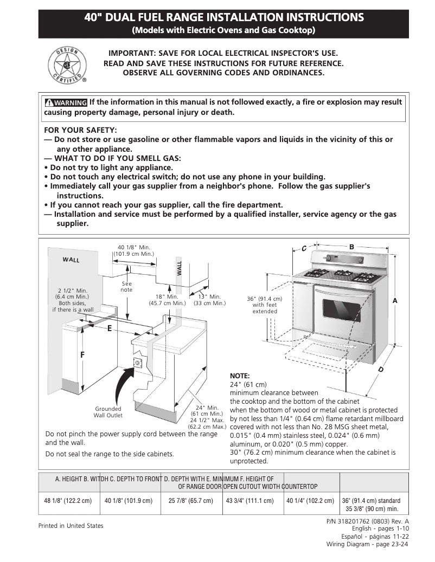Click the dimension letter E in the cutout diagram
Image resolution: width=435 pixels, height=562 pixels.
[110, 328]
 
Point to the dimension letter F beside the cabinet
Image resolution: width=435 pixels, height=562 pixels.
[82, 354]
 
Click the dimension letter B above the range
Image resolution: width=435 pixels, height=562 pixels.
[351, 247]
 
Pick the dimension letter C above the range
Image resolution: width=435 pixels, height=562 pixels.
[304, 248]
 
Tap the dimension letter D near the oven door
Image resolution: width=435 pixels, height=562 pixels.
[381, 370]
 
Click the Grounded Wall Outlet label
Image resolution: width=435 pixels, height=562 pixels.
[108, 412]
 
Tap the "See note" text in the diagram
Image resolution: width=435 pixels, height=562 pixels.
[126, 287]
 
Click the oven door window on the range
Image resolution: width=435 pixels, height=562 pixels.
[342, 309]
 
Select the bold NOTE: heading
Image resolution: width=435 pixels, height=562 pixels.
[240, 376]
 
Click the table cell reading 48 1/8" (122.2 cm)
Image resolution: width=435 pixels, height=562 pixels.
[68, 501]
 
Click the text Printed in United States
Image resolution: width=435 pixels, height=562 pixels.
[71, 526]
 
